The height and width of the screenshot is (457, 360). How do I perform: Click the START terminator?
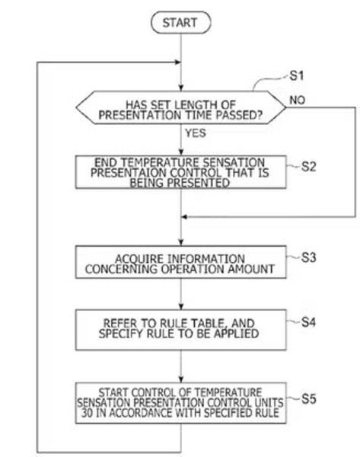point(180,22)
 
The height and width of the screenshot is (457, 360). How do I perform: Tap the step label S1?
point(297,75)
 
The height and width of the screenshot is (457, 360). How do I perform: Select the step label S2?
point(308,167)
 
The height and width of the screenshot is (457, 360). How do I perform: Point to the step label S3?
point(308,257)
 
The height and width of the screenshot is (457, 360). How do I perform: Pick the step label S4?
point(308,322)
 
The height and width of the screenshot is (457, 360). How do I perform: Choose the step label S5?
point(308,398)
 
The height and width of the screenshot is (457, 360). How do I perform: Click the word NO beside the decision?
point(297,101)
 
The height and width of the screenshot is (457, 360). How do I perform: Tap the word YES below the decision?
point(196,133)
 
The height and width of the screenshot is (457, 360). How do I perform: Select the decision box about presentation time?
point(180,107)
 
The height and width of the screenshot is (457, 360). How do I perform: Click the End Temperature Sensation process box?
point(180,172)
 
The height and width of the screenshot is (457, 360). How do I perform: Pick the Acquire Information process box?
point(180,262)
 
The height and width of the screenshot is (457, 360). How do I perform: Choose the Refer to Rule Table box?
point(180,330)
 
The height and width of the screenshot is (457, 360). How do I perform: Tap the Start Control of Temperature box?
point(180,403)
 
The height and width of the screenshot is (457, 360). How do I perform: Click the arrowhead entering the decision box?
point(181,88)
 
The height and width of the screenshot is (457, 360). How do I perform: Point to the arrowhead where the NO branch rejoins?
point(184,217)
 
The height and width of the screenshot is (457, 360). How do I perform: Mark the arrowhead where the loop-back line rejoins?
point(177,62)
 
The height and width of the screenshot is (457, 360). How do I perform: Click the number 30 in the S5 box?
point(87,413)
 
